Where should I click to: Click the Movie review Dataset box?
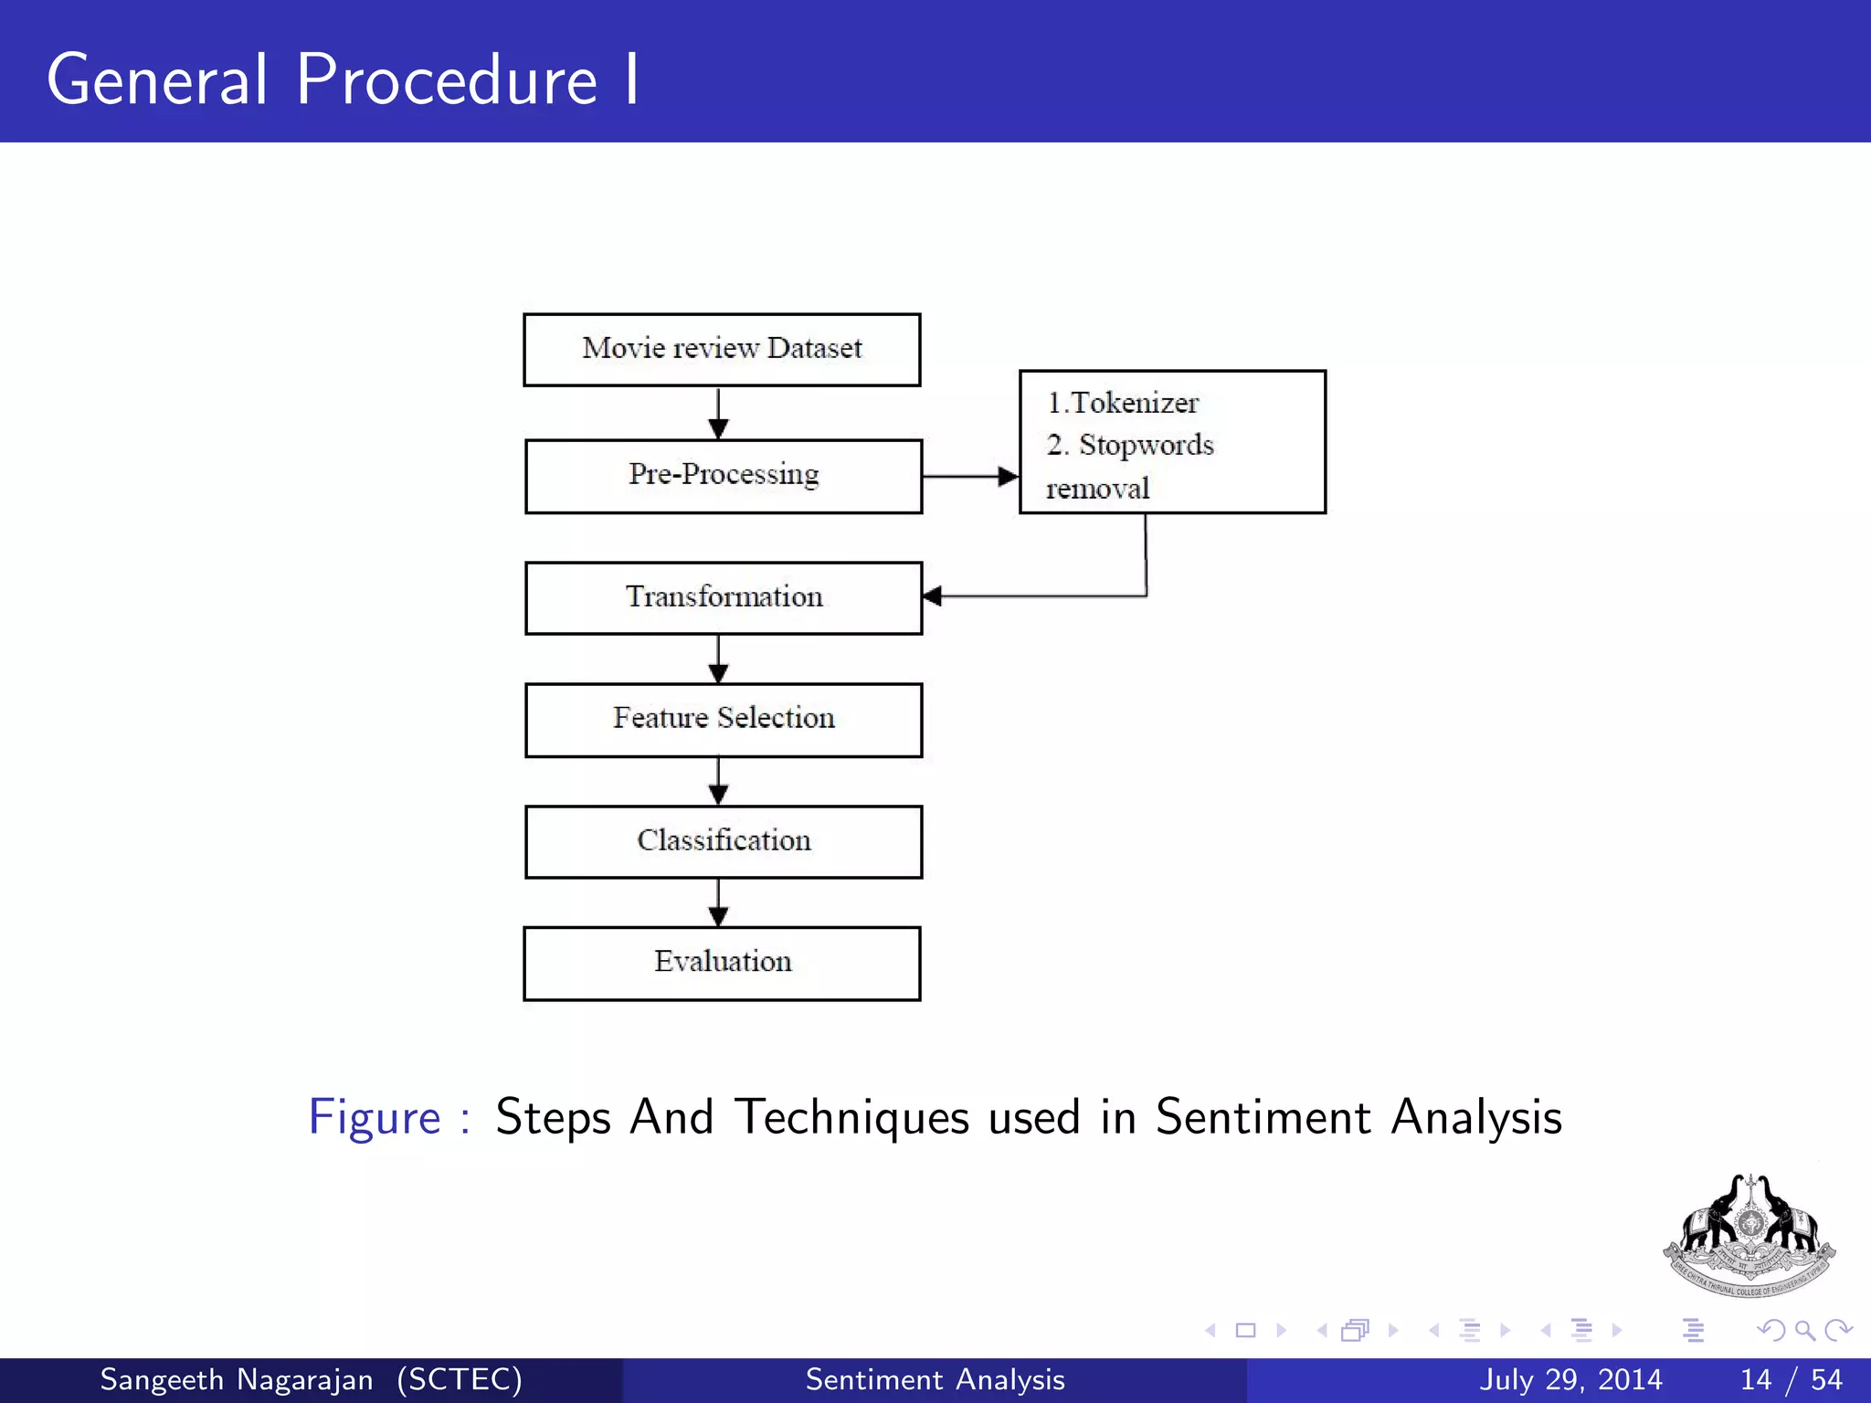[722, 350]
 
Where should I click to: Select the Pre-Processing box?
[723, 476]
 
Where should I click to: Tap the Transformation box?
[723, 597]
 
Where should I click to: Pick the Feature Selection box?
[723, 719]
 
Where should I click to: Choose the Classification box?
[723, 841]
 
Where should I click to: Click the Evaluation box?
[722, 963]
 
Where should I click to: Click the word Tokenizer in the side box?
[1134, 403]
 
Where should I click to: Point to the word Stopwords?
[1146, 446]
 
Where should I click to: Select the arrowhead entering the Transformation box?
[933, 596]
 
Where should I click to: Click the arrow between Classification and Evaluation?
[719, 902]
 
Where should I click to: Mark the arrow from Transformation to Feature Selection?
[719, 659]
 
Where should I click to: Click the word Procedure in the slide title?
[447, 79]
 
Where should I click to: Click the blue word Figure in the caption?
[375, 1117]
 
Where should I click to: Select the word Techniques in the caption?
[851, 1117]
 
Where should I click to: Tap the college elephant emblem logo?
[1749, 1235]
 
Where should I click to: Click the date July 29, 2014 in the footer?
[1570, 1379]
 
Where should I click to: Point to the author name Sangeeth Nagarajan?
[236, 1379]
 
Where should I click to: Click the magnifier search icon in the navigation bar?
[1804, 1330]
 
